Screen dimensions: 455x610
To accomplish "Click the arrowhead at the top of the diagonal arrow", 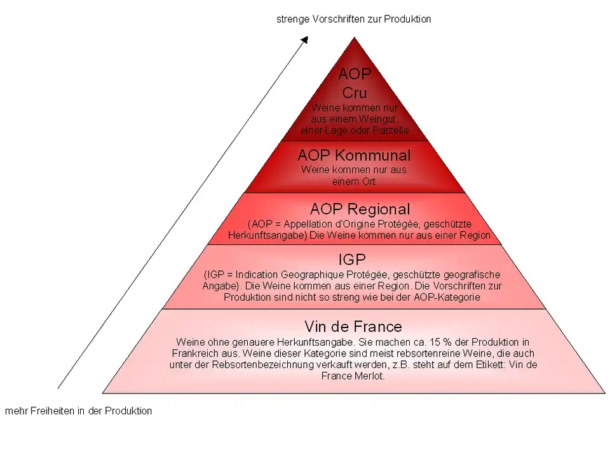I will pos(304,39).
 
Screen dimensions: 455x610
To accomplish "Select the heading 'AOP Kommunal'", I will pos(354,155).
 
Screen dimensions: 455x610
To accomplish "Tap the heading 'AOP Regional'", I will pos(360,209).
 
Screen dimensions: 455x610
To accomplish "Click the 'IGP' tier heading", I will pos(352,260).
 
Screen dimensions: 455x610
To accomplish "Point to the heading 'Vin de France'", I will pos(353,327).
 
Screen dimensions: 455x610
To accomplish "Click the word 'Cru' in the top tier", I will pos(355,93).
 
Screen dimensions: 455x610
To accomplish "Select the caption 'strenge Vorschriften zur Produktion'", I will pos(353,19).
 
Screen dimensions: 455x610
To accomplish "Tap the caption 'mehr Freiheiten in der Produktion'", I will pos(79,411).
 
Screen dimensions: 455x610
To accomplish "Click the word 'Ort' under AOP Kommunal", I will pos(368,181).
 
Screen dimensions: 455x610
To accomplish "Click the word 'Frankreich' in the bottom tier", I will pos(196,353).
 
